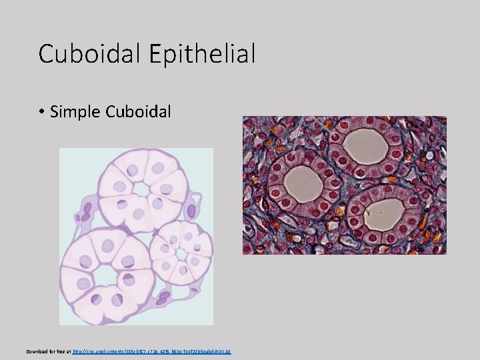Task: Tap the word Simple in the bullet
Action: (x=75, y=111)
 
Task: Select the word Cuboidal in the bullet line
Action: (x=138, y=111)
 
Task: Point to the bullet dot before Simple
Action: (x=41, y=112)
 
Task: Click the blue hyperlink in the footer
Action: (x=151, y=351)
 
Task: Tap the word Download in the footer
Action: (x=37, y=351)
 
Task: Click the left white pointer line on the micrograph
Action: (x=298, y=137)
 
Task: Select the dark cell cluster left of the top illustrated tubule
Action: (x=85, y=213)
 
